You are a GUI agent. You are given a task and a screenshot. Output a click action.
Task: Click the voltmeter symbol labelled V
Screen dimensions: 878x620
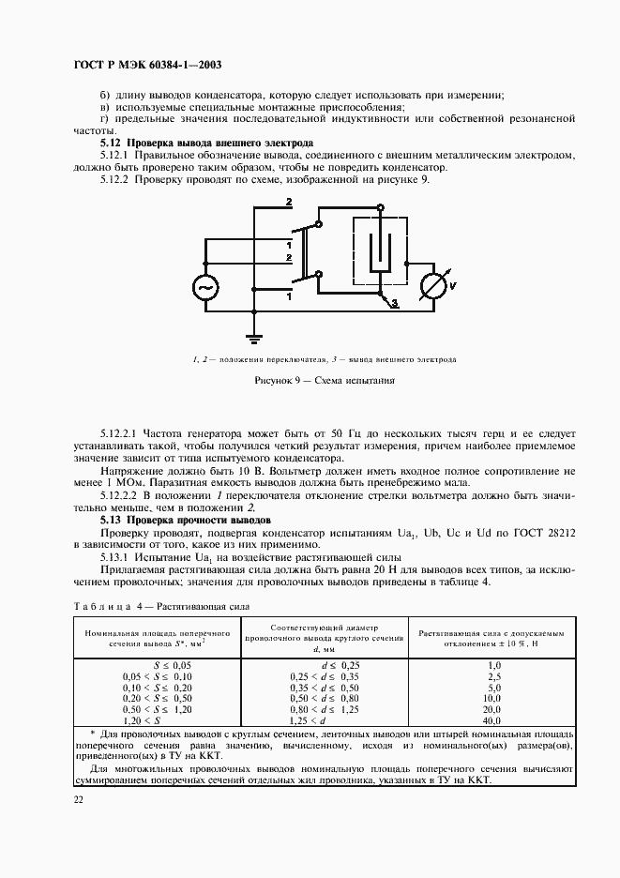(x=433, y=287)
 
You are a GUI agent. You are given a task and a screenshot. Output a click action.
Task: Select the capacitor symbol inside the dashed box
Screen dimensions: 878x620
(x=379, y=251)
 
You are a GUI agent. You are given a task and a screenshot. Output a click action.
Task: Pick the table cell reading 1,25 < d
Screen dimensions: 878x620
(x=310, y=720)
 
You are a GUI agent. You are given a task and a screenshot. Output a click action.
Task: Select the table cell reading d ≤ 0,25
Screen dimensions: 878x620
(x=310, y=663)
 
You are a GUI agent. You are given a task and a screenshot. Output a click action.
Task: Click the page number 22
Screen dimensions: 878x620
(x=79, y=798)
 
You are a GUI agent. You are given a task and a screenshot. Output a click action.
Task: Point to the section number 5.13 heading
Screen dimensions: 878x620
(x=113, y=519)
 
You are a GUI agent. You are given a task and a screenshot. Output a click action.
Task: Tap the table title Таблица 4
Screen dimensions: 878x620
(x=104, y=606)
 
